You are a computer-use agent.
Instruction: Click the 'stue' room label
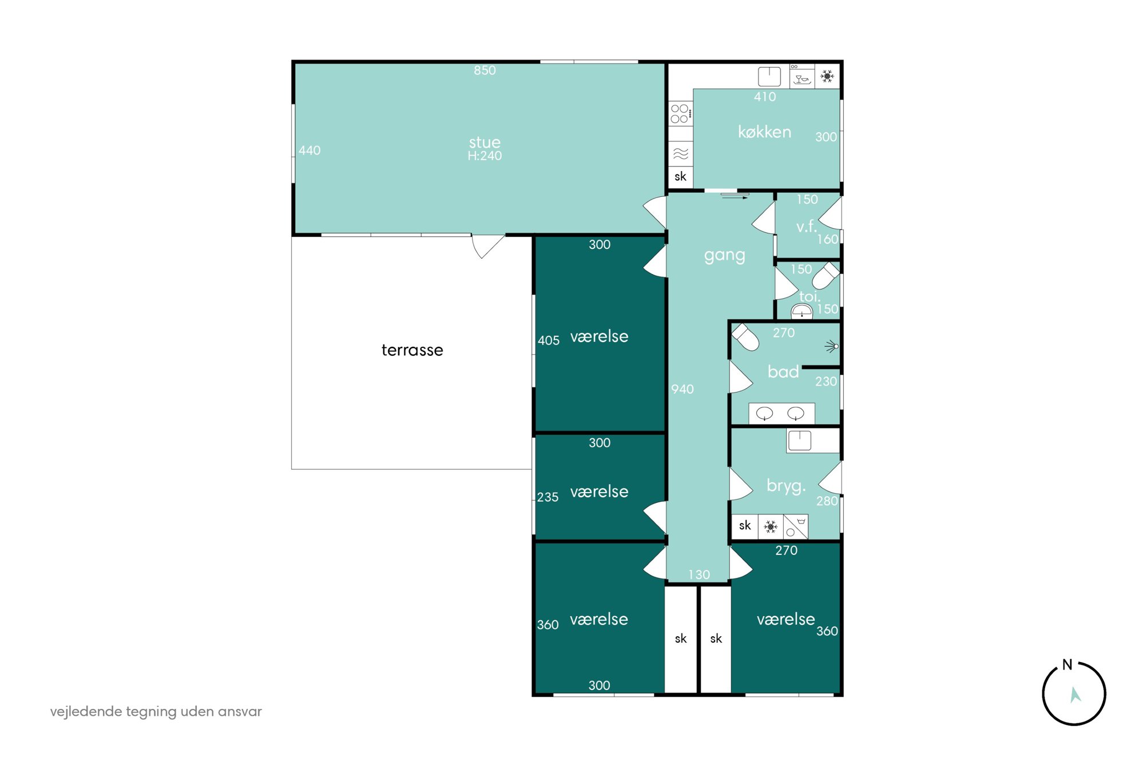point(485,142)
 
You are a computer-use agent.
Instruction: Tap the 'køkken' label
point(764,132)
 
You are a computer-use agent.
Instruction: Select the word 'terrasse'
point(412,350)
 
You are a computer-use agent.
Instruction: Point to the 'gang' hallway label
point(724,256)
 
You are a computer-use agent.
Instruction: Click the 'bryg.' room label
point(786,486)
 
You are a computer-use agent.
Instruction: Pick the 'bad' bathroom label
point(783,372)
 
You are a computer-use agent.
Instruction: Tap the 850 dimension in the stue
point(485,70)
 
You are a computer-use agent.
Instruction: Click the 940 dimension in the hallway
point(682,390)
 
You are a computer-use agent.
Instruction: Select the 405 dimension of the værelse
point(548,341)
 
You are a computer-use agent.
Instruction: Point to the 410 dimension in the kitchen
point(765,97)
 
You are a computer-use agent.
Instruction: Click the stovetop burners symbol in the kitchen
point(680,114)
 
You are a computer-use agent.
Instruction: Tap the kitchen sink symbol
point(769,76)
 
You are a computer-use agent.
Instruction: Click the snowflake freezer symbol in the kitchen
point(827,76)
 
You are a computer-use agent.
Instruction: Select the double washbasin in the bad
point(781,414)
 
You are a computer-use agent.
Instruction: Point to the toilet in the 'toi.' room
point(826,276)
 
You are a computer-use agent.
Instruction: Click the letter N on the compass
point(1067,665)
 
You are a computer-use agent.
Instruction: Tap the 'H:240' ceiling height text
point(485,156)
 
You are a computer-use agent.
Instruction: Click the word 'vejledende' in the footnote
point(86,712)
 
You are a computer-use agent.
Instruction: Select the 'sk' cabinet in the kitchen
point(680,177)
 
